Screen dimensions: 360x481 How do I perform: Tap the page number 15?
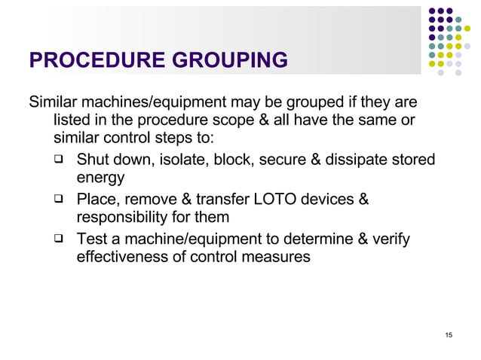point(449,334)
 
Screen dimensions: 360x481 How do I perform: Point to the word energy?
point(101,178)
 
